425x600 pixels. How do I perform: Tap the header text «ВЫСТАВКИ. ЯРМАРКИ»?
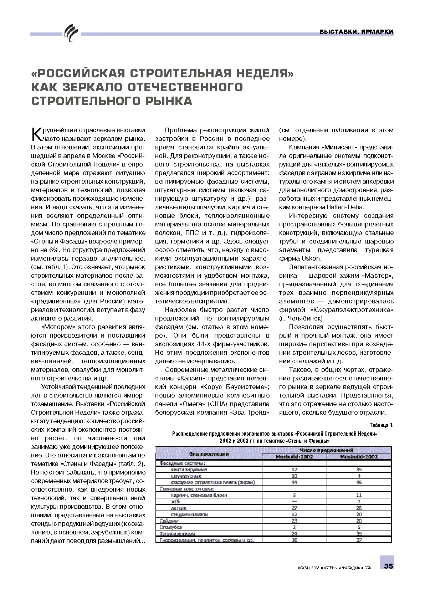coord(357,32)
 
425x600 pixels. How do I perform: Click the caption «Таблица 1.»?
coord(381,425)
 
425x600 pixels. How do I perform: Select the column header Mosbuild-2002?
coord(294,457)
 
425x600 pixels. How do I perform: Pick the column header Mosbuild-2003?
coord(359,457)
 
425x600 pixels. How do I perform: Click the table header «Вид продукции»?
coord(209,454)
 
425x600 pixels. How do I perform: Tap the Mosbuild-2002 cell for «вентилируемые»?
coord(295,470)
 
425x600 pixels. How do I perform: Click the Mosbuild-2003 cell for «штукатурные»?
coord(359,476)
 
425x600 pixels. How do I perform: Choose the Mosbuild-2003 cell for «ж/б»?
coord(359,502)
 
